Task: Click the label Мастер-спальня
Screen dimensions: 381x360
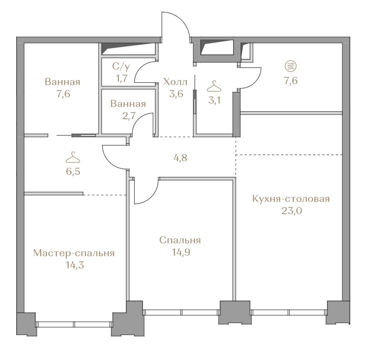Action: (x=74, y=253)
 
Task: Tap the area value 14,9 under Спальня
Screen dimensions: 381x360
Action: (x=181, y=252)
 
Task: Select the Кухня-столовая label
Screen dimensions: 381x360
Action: (x=291, y=199)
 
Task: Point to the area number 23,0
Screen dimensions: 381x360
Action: (x=292, y=211)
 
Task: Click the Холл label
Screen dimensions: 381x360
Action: (x=175, y=82)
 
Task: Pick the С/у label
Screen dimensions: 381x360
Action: (x=121, y=66)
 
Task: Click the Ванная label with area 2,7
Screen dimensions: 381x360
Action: (x=128, y=104)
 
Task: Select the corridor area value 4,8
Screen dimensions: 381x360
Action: (x=180, y=158)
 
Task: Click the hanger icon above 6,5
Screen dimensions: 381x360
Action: (x=73, y=157)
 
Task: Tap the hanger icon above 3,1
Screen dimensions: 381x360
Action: (x=214, y=86)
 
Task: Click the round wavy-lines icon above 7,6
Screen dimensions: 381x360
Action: (x=291, y=66)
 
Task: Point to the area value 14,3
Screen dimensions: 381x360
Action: (x=75, y=265)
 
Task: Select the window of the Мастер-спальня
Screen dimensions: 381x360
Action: (x=74, y=324)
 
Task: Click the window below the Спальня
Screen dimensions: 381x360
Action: (x=182, y=312)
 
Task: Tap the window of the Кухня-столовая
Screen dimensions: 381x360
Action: (x=288, y=312)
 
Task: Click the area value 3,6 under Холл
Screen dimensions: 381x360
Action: (x=176, y=94)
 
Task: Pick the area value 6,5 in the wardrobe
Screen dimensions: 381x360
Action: (x=73, y=172)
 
